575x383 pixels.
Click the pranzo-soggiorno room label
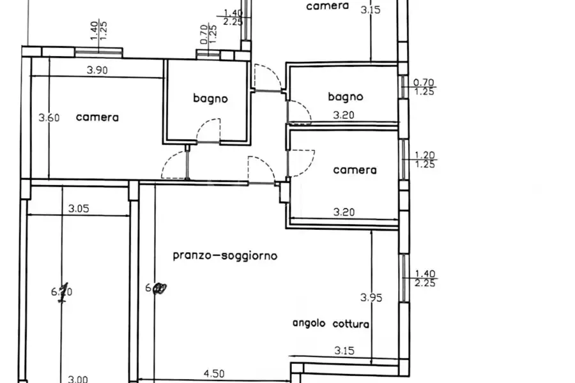225,255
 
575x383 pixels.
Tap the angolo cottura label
331,324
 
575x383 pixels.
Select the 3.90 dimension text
96,71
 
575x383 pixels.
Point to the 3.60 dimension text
49,117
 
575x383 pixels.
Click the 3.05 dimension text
79,207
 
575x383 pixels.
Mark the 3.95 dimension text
371,297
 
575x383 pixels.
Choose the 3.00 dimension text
77,379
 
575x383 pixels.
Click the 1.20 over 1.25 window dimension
425,160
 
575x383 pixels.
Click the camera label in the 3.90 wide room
97,117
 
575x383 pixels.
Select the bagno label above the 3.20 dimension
345,97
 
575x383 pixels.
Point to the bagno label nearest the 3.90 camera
210,98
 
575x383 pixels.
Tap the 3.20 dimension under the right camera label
345,212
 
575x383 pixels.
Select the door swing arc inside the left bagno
209,131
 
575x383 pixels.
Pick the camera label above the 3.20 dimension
355,170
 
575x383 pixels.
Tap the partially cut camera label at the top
327,6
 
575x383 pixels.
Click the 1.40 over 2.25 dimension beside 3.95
425,278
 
